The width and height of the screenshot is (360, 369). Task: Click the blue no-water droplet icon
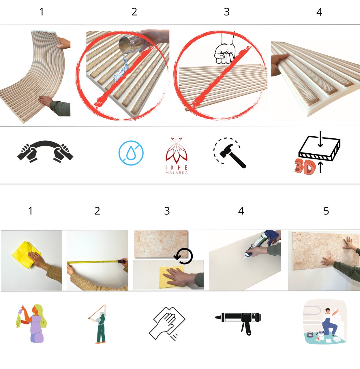(131, 153)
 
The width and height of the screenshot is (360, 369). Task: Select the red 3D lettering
(305, 167)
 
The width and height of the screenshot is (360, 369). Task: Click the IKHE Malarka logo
(177, 155)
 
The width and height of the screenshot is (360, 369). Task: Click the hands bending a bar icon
(45, 151)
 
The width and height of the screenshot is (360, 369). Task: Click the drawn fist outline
(225, 53)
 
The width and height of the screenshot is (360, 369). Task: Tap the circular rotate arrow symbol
(183, 256)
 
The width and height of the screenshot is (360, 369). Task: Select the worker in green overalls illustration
(98, 324)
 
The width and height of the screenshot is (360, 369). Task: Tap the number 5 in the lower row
(326, 211)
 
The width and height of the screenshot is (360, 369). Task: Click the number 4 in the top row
(319, 12)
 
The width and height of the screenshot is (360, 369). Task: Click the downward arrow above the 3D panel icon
(320, 139)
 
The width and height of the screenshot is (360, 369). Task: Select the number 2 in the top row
(134, 12)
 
